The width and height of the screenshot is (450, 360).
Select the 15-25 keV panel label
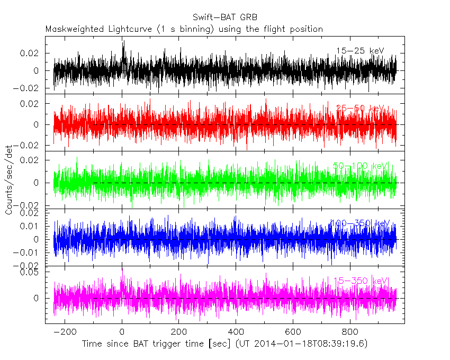359,51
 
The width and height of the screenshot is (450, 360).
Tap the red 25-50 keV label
360,108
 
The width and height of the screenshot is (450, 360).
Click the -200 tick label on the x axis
65,332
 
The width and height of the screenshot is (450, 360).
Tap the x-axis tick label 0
122,332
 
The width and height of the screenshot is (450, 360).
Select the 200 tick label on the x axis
179,332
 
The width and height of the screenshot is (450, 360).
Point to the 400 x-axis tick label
236,332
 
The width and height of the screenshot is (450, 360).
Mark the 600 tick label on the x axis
293,332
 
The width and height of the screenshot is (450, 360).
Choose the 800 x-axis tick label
349,332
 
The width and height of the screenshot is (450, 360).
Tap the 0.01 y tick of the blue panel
32,226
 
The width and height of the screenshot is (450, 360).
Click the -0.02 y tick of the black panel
29,88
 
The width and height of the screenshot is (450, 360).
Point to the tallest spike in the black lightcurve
123,42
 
